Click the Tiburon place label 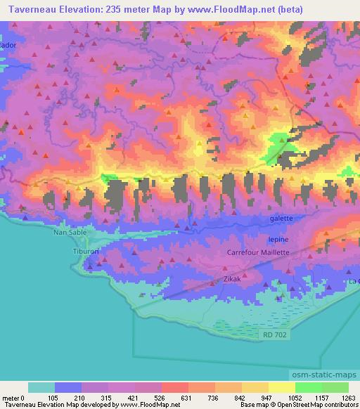click(x=86, y=250)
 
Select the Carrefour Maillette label click(x=258, y=252)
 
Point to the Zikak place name click(x=233, y=278)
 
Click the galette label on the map click(x=281, y=219)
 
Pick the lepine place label click(x=278, y=239)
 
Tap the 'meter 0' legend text click(x=14, y=397)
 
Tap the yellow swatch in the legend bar click(x=282, y=387)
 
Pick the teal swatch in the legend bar click(x=41, y=387)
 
